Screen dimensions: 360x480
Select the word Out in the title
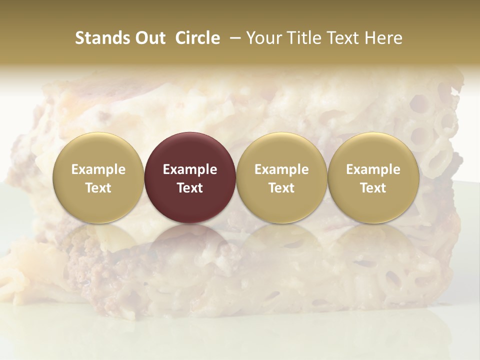150,38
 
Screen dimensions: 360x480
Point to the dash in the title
233,38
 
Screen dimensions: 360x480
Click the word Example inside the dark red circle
190,169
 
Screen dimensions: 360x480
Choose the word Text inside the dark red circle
190,188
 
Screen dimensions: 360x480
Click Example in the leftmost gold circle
98,169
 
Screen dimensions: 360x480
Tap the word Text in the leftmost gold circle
98,188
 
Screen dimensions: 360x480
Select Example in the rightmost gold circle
373,169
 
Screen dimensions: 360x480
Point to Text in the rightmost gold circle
373,188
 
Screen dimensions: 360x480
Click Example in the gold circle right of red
281,169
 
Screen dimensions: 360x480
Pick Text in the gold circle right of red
281,188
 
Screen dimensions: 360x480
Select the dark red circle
190,150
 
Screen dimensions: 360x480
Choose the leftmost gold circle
98,150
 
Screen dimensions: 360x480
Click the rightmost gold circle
373,150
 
